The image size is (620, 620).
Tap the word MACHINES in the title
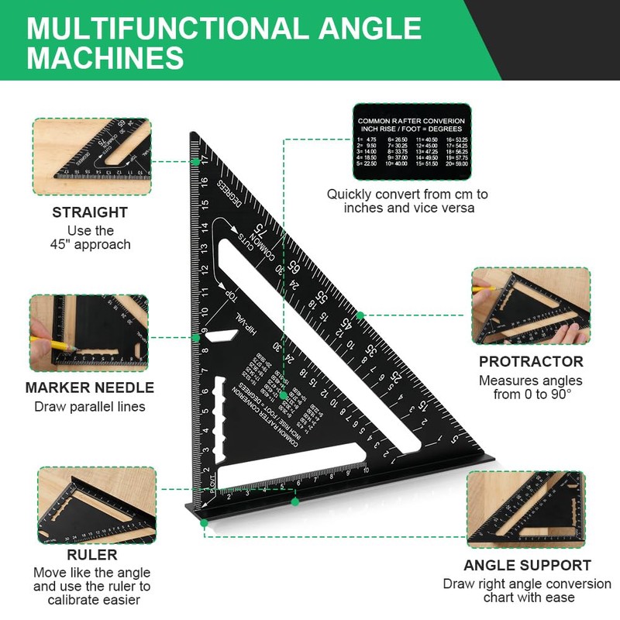coord(106,59)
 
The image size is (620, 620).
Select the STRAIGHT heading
coord(90,212)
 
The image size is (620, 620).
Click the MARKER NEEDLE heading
coord(90,387)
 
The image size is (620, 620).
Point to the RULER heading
coord(92,555)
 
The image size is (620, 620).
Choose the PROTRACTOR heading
coord(531,362)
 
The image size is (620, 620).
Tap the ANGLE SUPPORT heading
coord(527,566)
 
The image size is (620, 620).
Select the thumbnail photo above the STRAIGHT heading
coord(91,157)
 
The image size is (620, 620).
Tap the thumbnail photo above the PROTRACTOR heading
coord(531,306)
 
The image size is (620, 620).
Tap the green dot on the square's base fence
coord(295,501)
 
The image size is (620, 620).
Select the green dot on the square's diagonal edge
coord(360,315)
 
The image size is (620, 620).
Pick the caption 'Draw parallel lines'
coord(90,407)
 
